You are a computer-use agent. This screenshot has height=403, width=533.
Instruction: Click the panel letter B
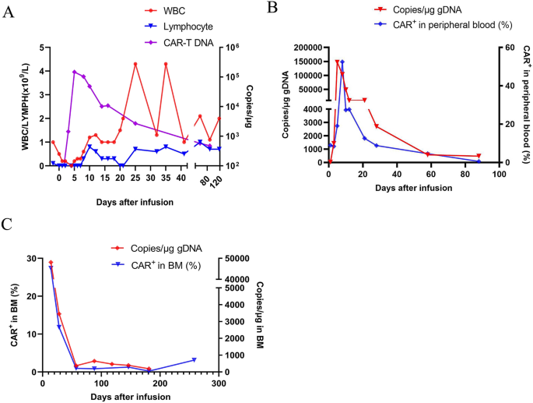point(272,8)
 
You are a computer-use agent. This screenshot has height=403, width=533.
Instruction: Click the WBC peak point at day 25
point(135,64)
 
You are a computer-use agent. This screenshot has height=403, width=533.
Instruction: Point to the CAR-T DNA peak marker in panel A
point(74,72)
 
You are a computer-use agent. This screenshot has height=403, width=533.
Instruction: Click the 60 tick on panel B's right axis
point(504,48)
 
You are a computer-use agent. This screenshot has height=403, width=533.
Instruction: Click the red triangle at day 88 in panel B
point(479,157)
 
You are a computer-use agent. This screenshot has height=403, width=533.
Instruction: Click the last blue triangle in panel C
point(195,360)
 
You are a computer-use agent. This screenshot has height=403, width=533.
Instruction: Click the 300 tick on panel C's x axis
point(219,383)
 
